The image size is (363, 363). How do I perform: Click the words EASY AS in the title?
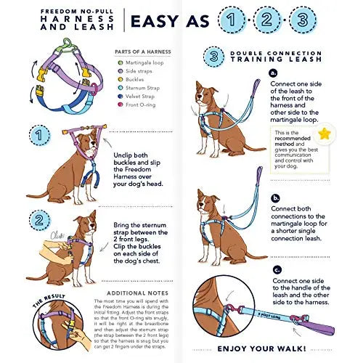click(x=166, y=21)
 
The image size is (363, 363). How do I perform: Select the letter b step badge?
click(x=274, y=197)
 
